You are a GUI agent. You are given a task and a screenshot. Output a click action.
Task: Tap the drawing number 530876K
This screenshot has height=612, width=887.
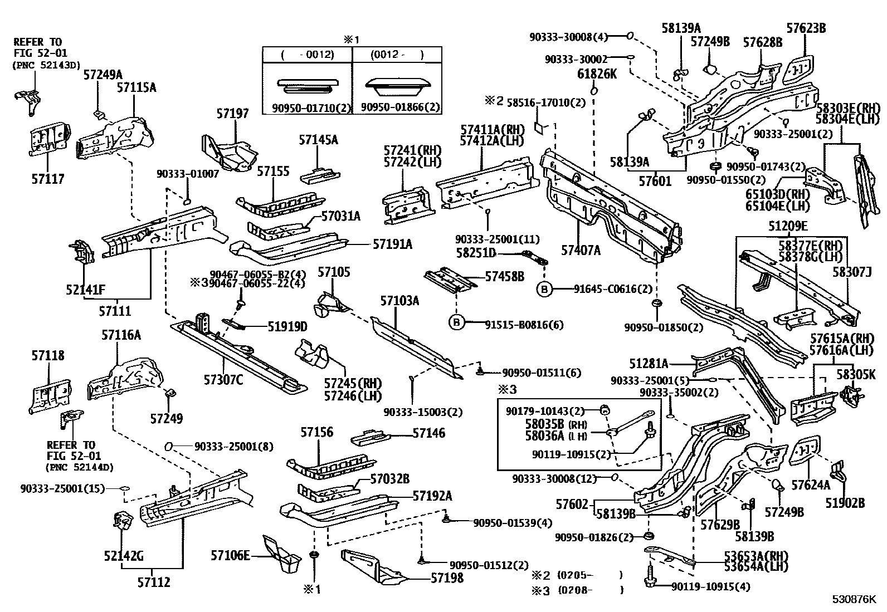point(854,600)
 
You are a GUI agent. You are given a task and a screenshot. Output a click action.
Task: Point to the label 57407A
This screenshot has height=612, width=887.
point(581,250)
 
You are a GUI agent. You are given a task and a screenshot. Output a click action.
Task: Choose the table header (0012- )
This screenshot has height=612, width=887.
point(397,55)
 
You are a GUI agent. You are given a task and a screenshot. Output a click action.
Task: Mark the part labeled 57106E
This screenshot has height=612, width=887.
point(230,555)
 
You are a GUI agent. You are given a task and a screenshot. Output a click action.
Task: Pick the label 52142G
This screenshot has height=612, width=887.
point(124,556)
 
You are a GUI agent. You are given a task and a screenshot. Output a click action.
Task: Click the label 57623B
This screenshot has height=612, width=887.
point(806,28)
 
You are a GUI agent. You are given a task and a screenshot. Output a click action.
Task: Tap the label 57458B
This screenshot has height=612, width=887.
point(504,276)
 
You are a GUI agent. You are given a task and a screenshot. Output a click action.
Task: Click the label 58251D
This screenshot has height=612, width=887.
point(476,253)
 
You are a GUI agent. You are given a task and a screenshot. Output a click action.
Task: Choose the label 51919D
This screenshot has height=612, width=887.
point(287,326)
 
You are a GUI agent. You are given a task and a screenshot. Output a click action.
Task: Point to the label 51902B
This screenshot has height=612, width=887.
point(845,503)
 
